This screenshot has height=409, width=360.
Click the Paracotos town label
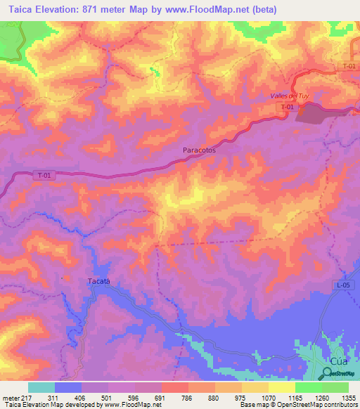(x=198, y=150)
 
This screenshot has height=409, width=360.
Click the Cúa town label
(x=339, y=360)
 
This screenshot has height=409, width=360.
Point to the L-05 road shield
(x=342, y=285)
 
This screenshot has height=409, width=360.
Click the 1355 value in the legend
(x=347, y=397)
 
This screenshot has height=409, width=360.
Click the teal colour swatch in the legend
(x=41, y=387)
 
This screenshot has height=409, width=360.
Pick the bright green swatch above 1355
(x=335, y=387)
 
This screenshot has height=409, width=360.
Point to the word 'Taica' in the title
(x=18, y=9)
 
